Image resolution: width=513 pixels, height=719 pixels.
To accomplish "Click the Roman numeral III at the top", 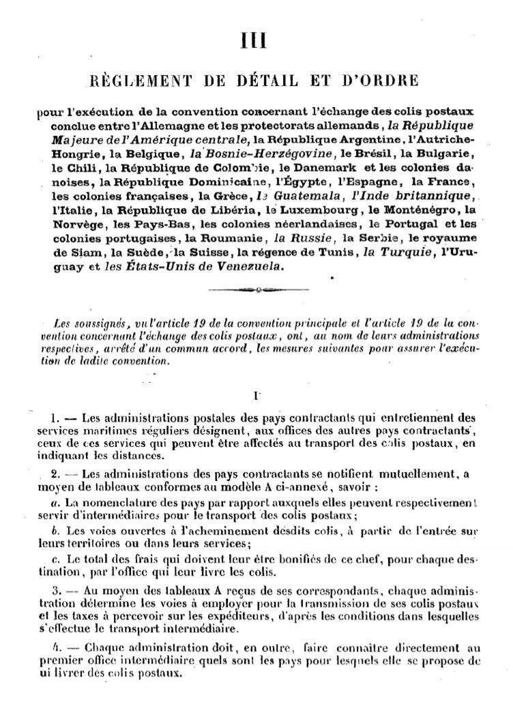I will (x=256, y=40).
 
